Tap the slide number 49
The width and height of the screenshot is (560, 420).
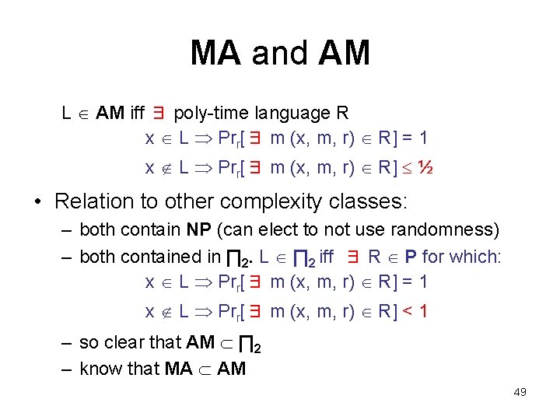pyautogui.click(x=520, y=392)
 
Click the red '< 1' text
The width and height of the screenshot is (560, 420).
pyautogui.click(x=414, y=312)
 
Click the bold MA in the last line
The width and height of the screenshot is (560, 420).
pyautogui.click(x=179, y=368)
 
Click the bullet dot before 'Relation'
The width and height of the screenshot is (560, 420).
pyautogui.click(x=37, y=202)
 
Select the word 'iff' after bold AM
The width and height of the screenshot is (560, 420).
pyautogui.click(x=138, y=114)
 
